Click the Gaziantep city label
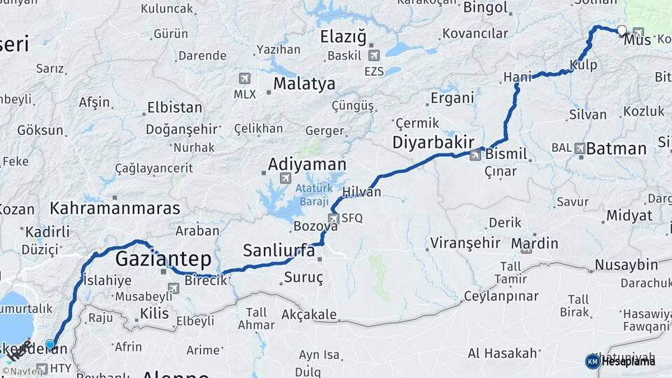click(163, 259)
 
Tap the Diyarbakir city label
click(428, 141)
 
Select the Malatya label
click(304, 84)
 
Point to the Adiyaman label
click(307, 164)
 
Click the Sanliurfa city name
click(279, 250)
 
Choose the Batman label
click(616, 148)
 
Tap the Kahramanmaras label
click(115, 208)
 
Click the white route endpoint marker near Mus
click(622, 30)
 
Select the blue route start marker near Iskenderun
click(50, 344)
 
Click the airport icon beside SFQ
click(333, 218)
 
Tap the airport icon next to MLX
click(244, 78)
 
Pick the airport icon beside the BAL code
click(580, 148)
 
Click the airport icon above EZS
click(373, 55)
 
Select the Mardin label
click(535, 243)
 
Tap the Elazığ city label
click(343, 36)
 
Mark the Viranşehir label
click(465, 243)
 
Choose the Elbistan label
click(174, 108)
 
